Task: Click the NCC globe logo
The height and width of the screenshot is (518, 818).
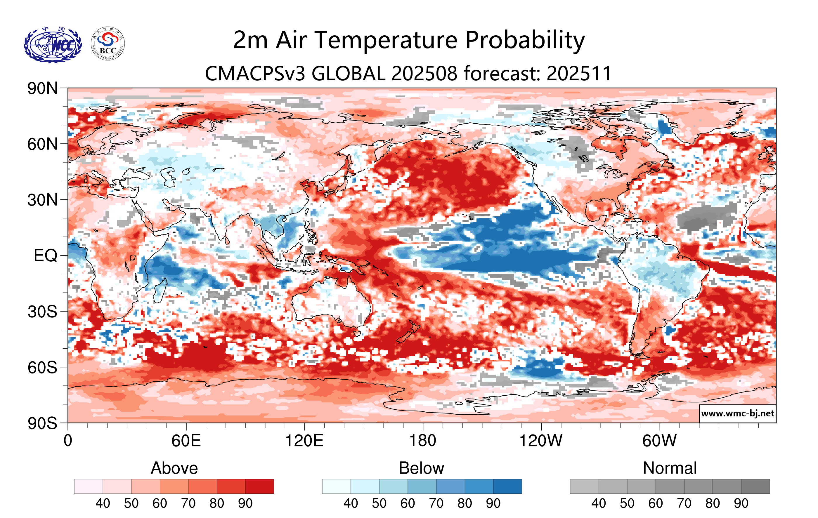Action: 53,44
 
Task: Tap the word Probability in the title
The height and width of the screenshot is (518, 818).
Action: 525,40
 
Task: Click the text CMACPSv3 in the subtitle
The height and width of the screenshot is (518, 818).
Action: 255,73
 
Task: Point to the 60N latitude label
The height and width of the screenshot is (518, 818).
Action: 42,144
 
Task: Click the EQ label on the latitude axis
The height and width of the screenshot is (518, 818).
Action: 46,255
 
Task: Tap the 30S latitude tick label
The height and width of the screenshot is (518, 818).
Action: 42,312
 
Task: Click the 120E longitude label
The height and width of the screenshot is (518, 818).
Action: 304,441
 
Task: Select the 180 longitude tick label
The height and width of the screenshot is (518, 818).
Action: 423,441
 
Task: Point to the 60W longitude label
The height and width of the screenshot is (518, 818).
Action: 659,441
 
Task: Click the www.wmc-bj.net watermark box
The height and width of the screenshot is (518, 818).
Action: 737,413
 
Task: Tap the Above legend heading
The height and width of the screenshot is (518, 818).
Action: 174,468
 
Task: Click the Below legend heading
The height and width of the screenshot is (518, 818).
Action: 421,468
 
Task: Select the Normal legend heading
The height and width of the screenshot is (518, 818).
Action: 670,468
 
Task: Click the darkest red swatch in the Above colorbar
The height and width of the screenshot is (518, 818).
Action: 259,486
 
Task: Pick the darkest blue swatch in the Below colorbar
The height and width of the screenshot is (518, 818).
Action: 507,486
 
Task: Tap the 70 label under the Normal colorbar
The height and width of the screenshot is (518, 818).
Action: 684,503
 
